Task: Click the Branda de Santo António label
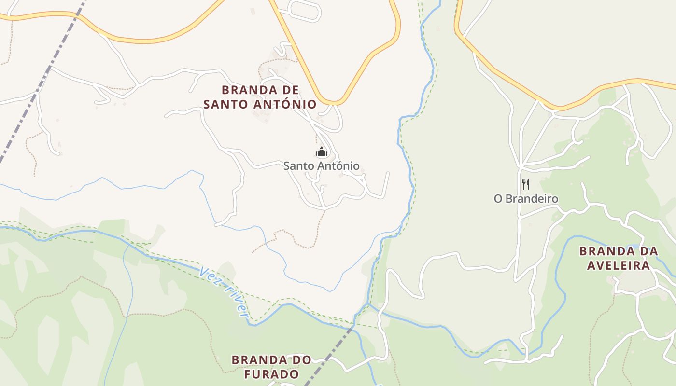tap(260, 97)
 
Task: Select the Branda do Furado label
tap(271, 367)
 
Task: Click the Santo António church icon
tap(322, 152)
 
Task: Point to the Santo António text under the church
tap(322, 166)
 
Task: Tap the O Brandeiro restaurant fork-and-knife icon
tap(526, 184)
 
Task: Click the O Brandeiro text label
tap(526, 198)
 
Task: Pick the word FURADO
tap(271, 374)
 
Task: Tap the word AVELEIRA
tap(619, 265)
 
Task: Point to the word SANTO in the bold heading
tap(225, 104)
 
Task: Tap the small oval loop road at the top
tap(304, 10)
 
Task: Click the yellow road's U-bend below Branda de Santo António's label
tap(333, 102)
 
